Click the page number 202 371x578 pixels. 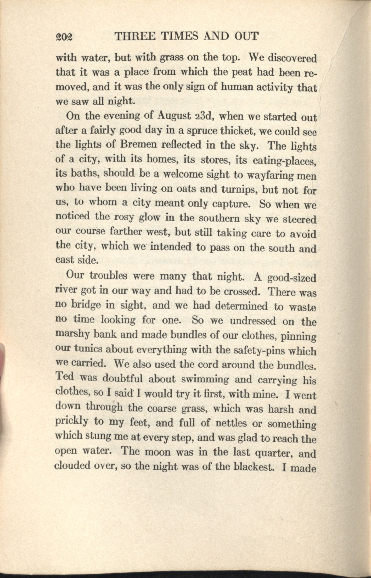tap(65, 37)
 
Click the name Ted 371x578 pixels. tap(65, 377)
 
